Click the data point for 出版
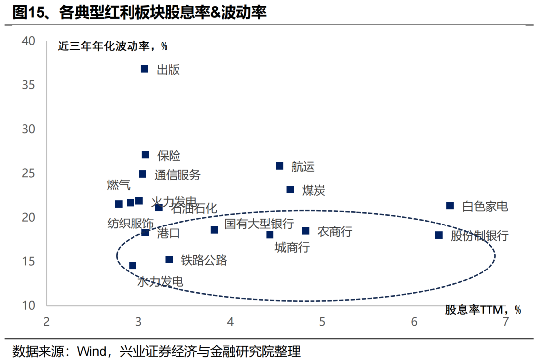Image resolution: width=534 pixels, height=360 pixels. (144, 69)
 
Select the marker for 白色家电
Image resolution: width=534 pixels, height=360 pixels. (450, 205)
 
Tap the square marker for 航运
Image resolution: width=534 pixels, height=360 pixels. (279, 166)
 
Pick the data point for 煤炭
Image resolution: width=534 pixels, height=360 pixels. (290, 189)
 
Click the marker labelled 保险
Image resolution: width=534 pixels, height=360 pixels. (145, 155)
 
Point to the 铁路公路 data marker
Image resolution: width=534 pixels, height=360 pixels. (169, 259)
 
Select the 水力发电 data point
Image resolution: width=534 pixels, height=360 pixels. (133, 266)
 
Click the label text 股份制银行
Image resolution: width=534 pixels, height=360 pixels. (479, 236)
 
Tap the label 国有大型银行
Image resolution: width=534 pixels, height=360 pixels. (259, 224)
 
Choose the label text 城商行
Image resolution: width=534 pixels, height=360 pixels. (292, 247)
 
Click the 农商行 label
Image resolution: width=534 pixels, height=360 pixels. (334, 231)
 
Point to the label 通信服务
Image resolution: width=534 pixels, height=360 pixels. (177, 175)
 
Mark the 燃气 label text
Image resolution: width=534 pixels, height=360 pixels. (119, 185)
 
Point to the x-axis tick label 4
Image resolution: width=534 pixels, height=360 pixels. (230, 322)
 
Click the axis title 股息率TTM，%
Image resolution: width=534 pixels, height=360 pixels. (483, 310)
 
